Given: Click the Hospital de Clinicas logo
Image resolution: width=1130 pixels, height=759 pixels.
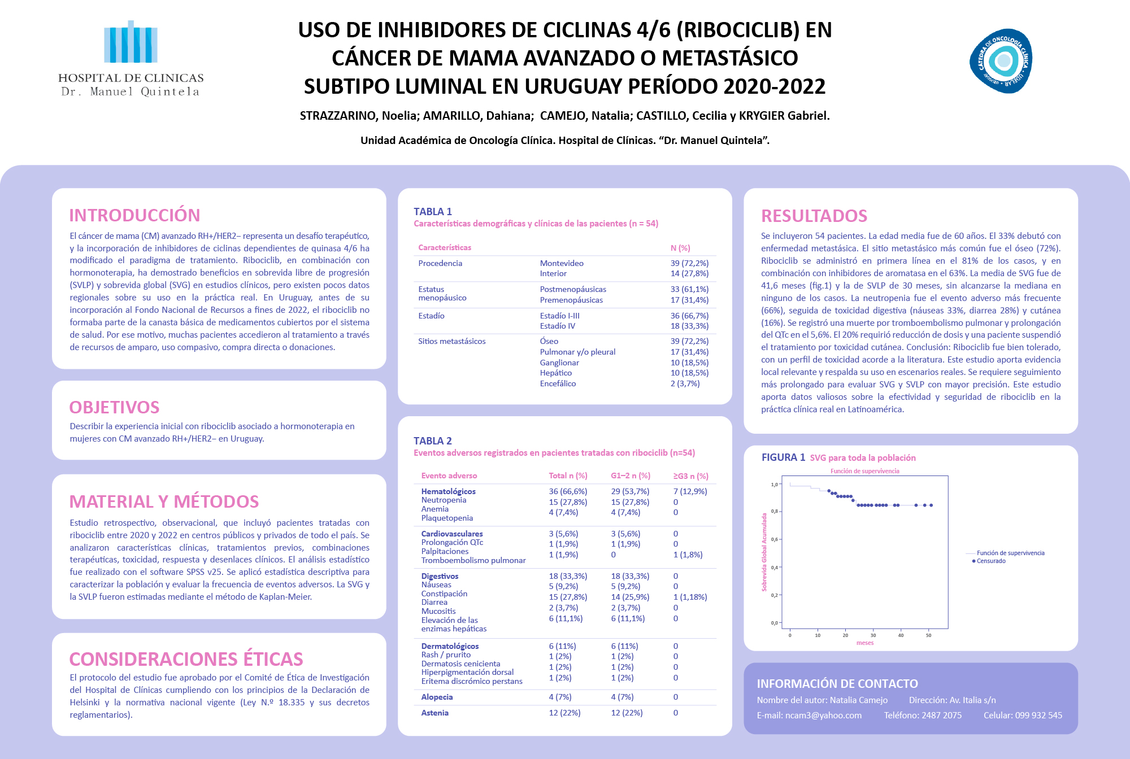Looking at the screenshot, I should (131, 59).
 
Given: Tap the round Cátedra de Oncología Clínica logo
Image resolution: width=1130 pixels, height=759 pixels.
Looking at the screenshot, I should (1001, 60).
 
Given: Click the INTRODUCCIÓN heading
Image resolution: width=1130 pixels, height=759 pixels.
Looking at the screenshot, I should (134, 215).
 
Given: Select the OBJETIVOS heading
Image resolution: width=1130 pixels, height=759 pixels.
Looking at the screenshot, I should (114, 407).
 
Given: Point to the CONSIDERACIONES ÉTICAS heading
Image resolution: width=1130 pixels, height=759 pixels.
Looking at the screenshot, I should (186, 659).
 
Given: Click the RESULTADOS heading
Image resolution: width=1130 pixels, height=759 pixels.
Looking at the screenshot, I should (814, 216).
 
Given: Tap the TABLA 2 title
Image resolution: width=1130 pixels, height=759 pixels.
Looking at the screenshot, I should (432, 441).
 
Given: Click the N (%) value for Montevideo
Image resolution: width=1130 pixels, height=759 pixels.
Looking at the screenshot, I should (689, 263).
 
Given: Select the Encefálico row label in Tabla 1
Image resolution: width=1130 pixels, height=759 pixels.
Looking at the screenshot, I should (558, 383).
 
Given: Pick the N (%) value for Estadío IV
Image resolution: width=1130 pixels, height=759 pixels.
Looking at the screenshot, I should (689, 326).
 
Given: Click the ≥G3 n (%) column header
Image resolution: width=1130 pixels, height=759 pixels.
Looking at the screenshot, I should (690, 476).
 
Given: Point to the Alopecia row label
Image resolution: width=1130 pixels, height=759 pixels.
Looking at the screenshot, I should (437, 697).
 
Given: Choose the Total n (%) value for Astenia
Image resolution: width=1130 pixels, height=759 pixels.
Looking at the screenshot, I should (564, 713).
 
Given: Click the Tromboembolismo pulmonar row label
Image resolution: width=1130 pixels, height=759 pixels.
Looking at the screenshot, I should (473, 560).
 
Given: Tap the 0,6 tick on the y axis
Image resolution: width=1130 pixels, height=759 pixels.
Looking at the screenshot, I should (774, 539).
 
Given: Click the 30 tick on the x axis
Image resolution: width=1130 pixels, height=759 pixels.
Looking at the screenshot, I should (873, 635).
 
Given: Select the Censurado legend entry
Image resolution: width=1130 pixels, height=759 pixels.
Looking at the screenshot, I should (991, 561).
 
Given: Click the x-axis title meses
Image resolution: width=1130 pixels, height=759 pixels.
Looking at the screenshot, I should (865, 643).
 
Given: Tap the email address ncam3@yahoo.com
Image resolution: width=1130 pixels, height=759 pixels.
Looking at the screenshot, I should (823, 715).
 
